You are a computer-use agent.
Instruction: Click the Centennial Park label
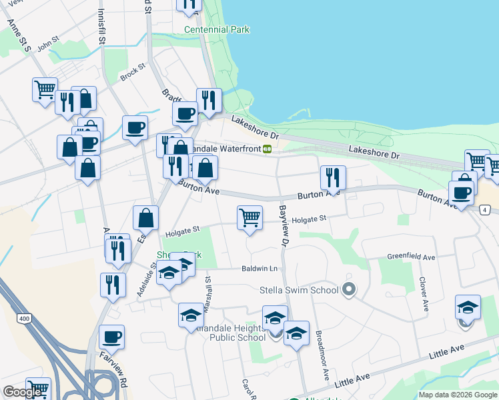(217, 30)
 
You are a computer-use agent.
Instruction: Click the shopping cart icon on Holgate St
(249, 217)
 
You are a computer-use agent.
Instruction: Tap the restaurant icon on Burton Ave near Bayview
(332, 177)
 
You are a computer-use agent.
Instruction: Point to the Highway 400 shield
(25, 319)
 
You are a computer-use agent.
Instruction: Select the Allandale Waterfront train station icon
(267, 149)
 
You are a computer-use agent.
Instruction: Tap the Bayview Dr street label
(283, 227)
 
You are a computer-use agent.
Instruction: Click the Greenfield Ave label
(411, 257)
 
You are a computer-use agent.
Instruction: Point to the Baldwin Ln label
(260, 269)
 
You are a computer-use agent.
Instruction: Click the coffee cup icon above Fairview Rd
(111, 337)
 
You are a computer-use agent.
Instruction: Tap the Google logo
(23, 392)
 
